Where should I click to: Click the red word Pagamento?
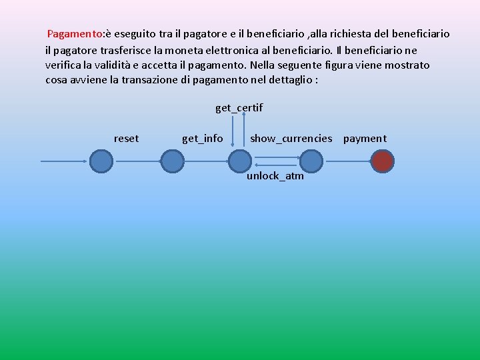click(x=75, y=33)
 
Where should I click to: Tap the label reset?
click(x=127, y=139)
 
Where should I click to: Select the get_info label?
click(x=203, y=139)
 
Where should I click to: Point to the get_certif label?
click(x=239, y=107)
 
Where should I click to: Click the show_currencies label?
click(x=291, y=139)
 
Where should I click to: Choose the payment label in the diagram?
click(x=365, y=139)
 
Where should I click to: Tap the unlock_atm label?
click(x=275, y=176)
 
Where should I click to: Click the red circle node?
click(x=383, y=161)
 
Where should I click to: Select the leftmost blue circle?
click(x=101, y=161)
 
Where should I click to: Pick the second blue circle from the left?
click(x=172, y=161)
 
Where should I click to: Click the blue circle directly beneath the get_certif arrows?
click(x=239, y=161)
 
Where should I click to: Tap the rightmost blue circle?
click(x=311, y=161)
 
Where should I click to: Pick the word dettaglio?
click(x=288, y=81)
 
